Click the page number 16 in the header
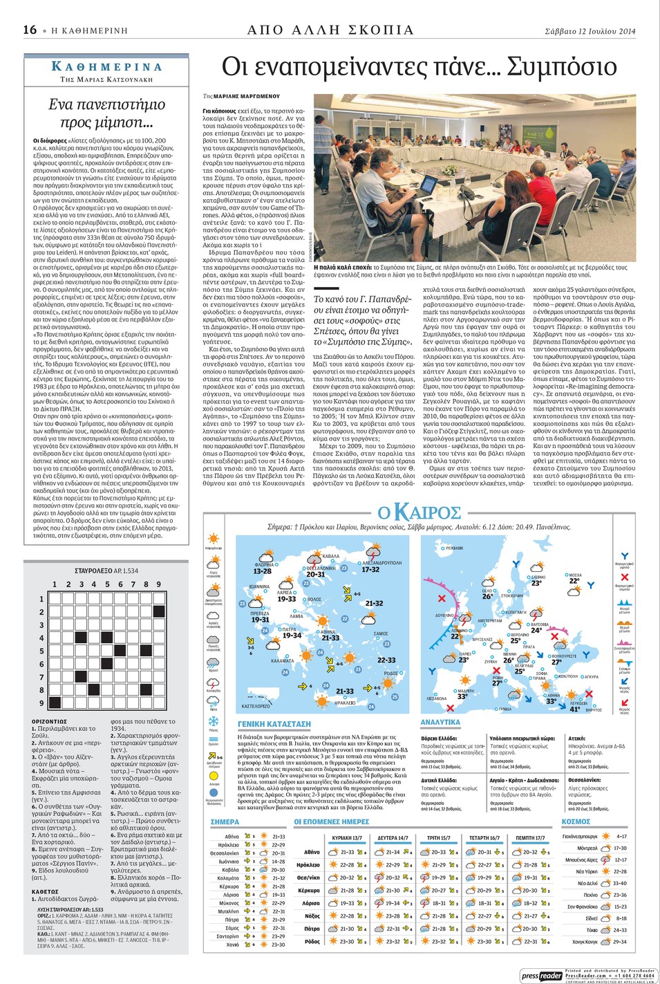[30, 30]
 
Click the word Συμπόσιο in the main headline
[561, 67]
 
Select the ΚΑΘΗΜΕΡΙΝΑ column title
[107, 67]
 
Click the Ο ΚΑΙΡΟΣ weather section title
[419, 512]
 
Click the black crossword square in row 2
[159, 612]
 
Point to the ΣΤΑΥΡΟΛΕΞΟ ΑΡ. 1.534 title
[106, 571]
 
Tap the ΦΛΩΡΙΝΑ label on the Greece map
[265, 564]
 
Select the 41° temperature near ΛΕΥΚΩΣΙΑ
[574, 709]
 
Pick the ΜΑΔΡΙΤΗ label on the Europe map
[466, 690]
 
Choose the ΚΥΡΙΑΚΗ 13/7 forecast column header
[347, 837]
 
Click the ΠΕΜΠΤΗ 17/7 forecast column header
[530, 837]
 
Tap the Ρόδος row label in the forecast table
[312, 941]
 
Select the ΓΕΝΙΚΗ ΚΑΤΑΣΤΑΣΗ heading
[274, 723]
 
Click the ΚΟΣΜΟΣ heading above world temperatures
[576, 821]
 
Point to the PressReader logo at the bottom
[541, 975]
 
